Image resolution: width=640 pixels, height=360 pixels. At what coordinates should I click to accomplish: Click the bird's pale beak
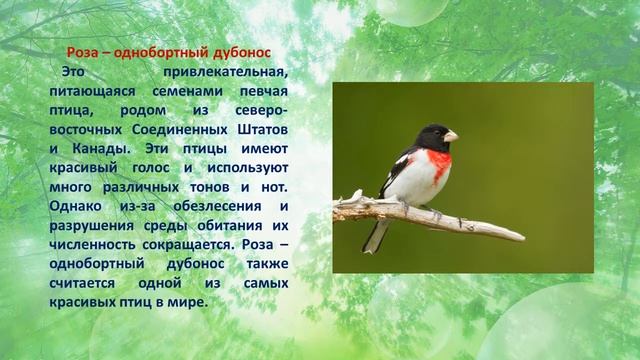click(x=451, y=135)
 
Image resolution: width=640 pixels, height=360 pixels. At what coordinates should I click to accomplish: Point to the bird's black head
click(x=432, y=136)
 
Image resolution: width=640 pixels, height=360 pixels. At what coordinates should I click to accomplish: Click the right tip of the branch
click(x=523, y=238)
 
